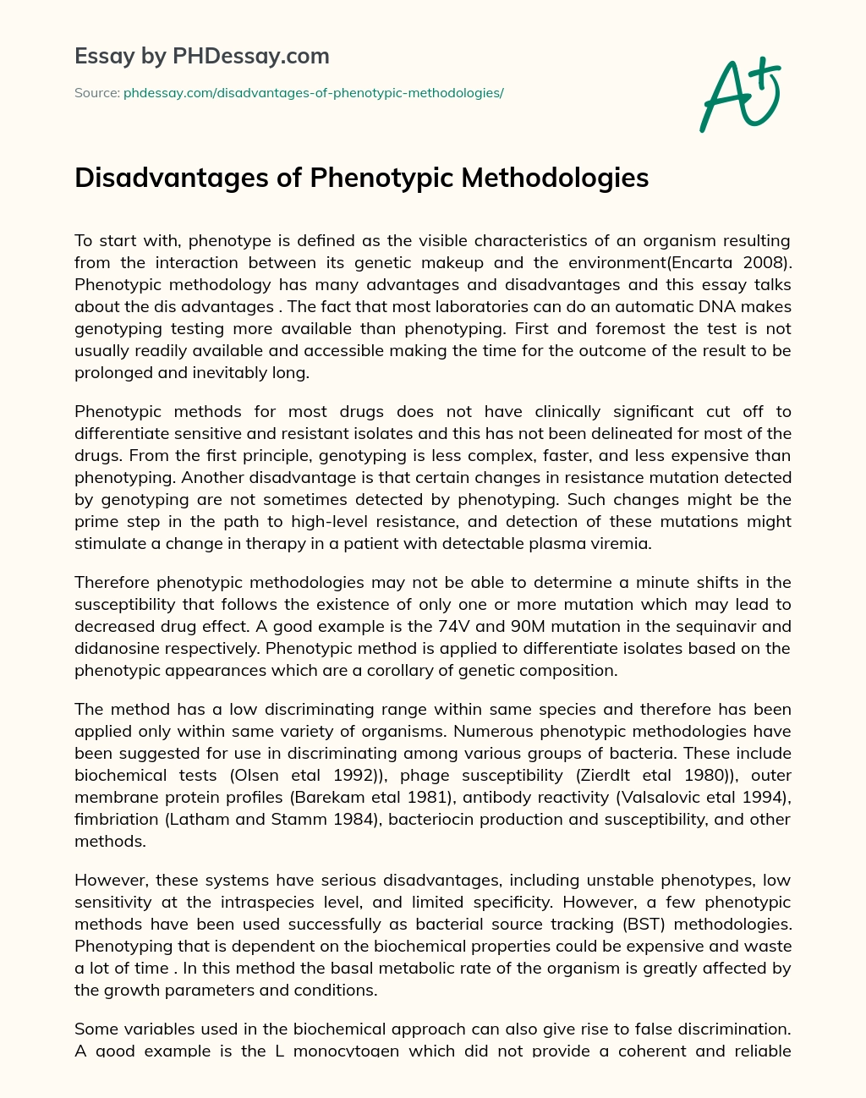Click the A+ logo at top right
(x=740, y=94)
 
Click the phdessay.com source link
(x=313, y=93)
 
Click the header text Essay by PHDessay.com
(x=202, y=57)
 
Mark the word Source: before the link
(x=96, y=93)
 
